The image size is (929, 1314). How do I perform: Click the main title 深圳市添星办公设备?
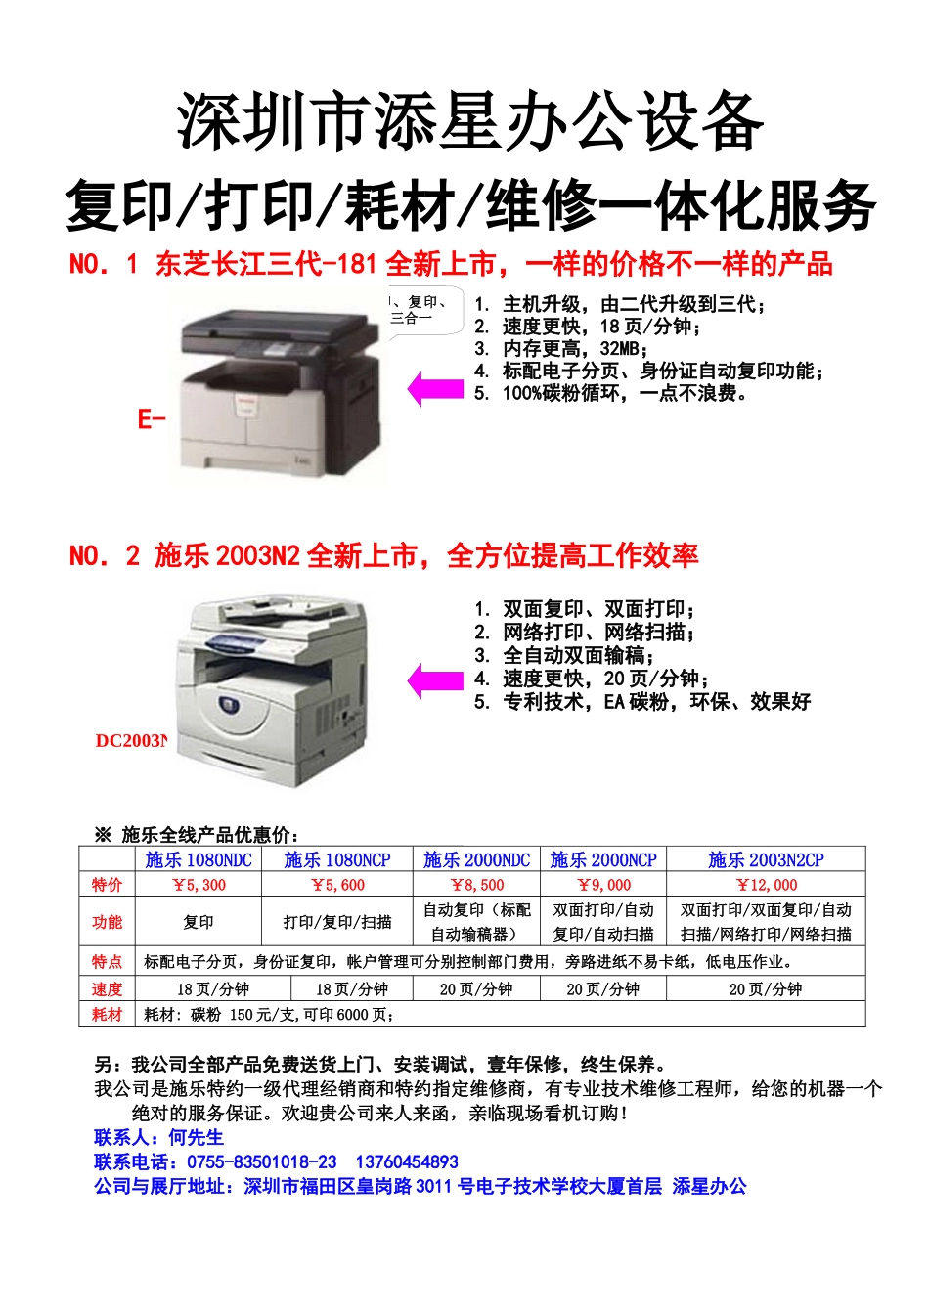pos(469,122)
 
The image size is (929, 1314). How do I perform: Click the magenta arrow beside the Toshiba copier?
pos(434,388)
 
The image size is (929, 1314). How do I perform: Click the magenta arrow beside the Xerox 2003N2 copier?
pos(434,680)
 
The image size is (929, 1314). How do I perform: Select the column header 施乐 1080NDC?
pos(199,860)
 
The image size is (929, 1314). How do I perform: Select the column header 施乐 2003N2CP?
pos(766,860)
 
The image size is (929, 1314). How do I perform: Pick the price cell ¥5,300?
pos(199,885)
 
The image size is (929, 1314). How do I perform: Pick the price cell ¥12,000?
pos(766,885)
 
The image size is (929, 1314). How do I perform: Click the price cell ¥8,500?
pos(476,885)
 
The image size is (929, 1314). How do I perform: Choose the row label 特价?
pos(108,885)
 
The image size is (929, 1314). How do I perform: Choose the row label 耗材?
pos(108,1015)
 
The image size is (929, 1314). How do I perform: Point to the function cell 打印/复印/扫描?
pos(337,922)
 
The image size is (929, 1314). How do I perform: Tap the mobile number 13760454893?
pos(407,1161)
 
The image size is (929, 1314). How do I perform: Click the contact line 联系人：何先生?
pos(159,1137)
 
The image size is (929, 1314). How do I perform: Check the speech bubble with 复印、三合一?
pos(422,311)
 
